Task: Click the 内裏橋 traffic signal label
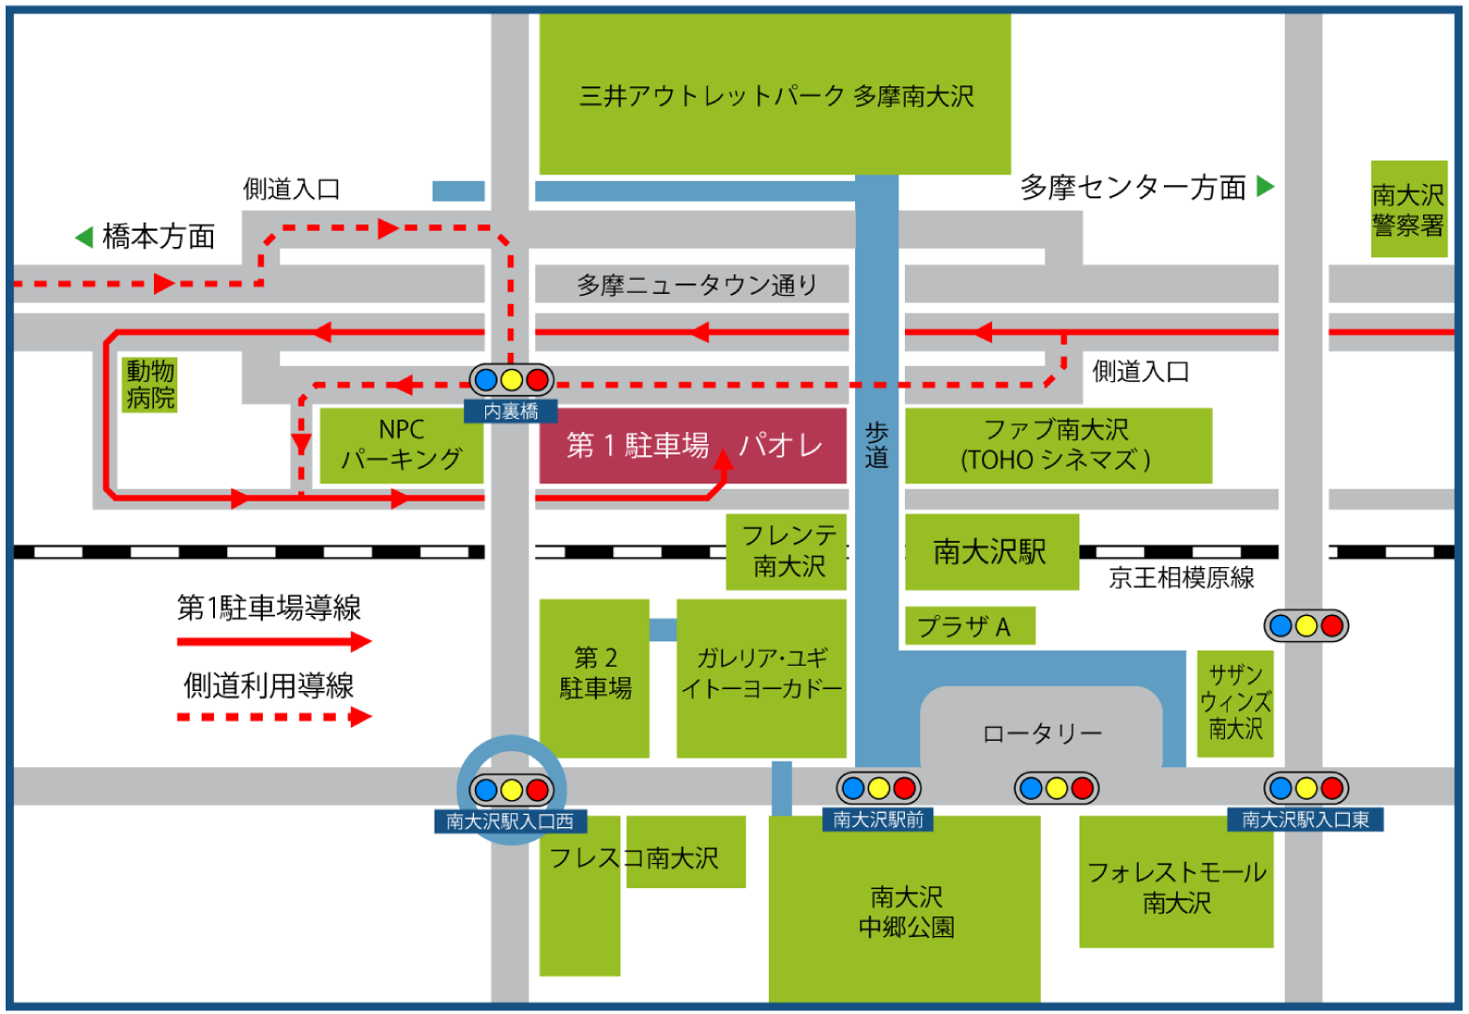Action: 512,411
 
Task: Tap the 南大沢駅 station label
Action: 990,552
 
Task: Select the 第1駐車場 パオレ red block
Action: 693,445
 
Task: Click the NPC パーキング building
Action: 402,445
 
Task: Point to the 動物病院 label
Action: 150,384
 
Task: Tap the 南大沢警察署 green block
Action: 1408,209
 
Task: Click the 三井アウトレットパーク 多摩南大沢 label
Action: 775,96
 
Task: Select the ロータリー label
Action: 1042,733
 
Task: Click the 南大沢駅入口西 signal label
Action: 511,822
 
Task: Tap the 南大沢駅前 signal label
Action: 879,820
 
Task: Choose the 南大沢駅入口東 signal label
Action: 1306,820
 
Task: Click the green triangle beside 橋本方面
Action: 84,237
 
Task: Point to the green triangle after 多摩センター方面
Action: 1265,186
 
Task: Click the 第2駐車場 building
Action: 595,674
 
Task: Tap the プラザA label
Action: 965,626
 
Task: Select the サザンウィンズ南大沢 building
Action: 1235,702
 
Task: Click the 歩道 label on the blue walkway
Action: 877,445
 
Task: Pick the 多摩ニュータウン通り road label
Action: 696,284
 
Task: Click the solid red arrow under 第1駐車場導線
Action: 274,642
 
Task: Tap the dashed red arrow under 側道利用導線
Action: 274,717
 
